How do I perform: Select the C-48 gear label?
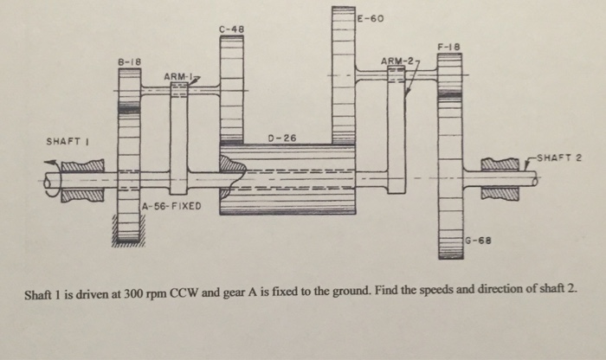(x=231, y=29)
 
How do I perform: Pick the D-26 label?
(x=281, y=138)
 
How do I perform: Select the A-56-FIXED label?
(x=171, y=207)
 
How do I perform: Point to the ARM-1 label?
(x=177, y=80)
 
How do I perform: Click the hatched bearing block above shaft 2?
(x=500, y=163)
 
